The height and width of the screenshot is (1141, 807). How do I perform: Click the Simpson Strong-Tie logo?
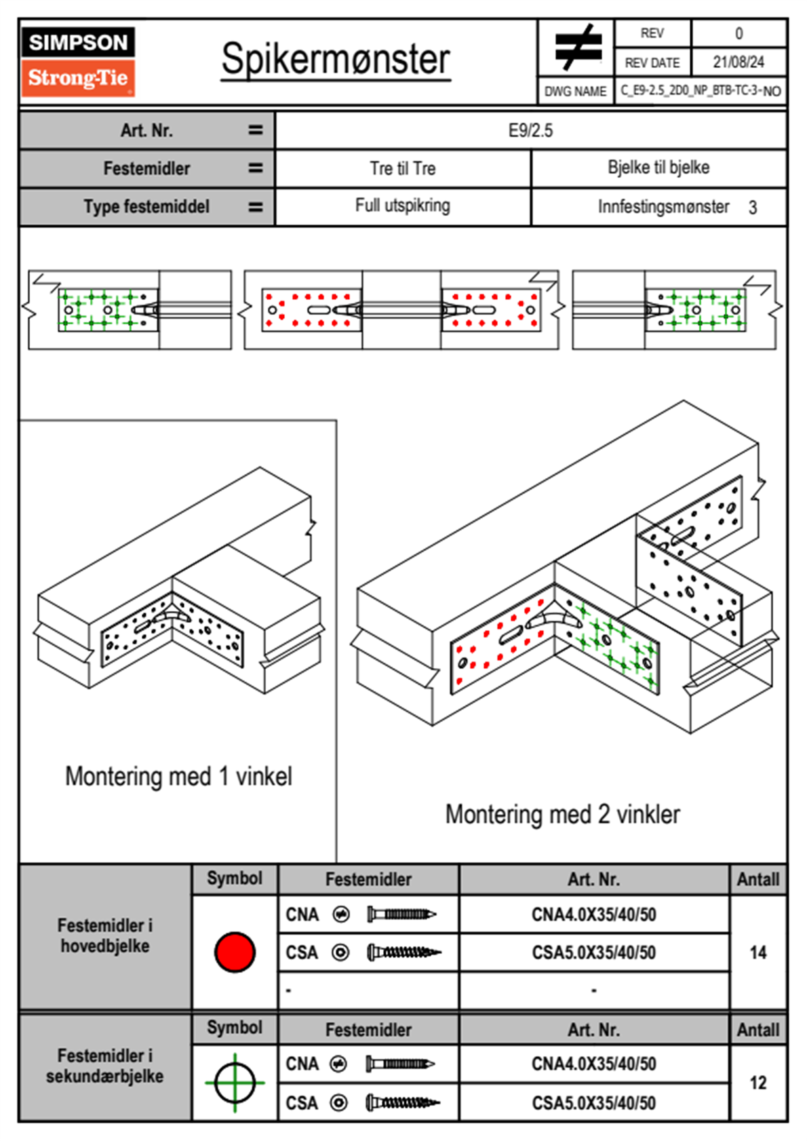[78, 61]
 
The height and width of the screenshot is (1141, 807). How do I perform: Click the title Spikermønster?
[336, 59]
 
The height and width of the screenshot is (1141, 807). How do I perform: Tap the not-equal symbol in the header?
[577, 47]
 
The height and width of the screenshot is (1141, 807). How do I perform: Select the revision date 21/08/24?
[739, 62]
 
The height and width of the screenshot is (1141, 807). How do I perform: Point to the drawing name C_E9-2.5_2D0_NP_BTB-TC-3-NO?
[701, 91]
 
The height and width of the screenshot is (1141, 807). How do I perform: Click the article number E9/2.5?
[530, 130]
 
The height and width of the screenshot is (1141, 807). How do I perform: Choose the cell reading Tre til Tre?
[403, 168]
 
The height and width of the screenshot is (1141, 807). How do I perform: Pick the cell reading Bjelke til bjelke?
[658, 168]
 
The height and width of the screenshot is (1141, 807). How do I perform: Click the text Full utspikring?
[403, 206]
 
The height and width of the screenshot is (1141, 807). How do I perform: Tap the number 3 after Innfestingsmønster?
[753, 208]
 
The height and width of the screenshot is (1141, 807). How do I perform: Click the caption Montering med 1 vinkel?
[178, 776]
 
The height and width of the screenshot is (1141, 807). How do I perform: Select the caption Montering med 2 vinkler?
[562, 814]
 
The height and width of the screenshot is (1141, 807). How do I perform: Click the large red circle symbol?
[235, 952]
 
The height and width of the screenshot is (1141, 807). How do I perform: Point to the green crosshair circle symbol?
[235, 1083]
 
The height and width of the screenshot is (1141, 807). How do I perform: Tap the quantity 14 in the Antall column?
[758, 952]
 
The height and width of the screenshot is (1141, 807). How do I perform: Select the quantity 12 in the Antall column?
[758, 1083]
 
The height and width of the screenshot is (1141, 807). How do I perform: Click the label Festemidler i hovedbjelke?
[105, 935]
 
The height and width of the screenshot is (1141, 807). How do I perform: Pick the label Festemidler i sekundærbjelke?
[105, 1066]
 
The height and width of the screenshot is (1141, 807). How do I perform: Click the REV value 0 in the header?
[739, 33]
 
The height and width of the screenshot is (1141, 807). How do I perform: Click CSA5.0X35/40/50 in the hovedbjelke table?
[593, 952]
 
